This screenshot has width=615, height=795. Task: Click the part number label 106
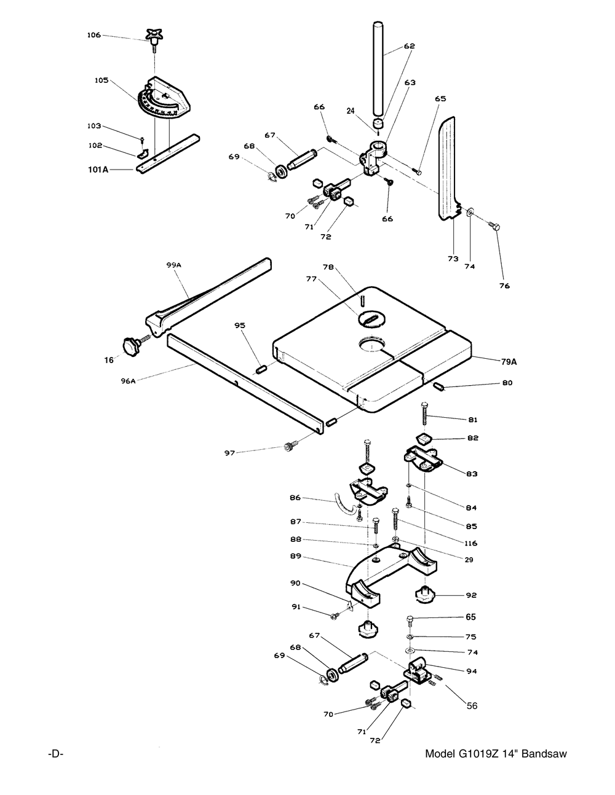coord(93,35)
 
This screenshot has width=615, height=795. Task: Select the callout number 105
coord(101,80)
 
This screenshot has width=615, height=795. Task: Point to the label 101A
coord(98,170)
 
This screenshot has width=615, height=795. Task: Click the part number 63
coord(410,83)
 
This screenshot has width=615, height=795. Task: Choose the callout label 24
coord(351,111)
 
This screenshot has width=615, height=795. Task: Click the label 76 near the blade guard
coord(504,286)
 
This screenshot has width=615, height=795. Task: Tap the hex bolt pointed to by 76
coord(494,227)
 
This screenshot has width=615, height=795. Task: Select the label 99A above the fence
coord(174,265)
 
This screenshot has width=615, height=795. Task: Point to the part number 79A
coord(509,362)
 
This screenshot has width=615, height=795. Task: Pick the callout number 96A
coord(128,382)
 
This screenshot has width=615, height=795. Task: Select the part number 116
coord(470,543)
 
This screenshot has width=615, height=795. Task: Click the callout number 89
coord(295,556)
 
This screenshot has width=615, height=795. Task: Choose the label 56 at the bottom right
coord(472,706)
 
